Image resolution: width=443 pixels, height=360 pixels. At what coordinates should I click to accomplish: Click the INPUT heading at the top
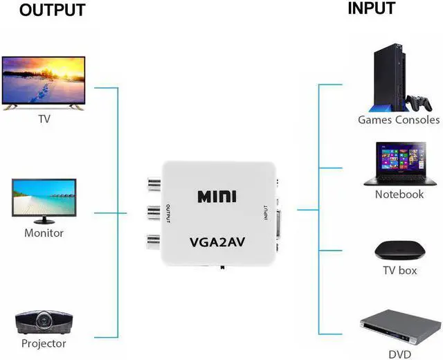(371, 8)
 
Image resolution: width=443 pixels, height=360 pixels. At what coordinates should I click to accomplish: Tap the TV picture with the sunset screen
(44, 82)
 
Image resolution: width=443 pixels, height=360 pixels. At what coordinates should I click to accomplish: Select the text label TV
(44, 119)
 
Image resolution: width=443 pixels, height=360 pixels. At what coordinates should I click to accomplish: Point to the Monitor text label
(44, 233)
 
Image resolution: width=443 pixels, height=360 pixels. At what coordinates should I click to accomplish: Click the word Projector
(44, 343)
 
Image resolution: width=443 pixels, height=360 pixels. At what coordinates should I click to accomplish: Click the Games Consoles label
(399, 120)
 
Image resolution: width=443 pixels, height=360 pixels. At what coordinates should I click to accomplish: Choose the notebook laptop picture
(398, 165)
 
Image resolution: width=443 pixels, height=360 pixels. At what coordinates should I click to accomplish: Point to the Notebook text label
(399, 195)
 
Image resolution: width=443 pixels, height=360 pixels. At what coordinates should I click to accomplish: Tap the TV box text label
(399, 271)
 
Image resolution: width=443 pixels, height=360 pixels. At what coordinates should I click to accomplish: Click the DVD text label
(400, 354)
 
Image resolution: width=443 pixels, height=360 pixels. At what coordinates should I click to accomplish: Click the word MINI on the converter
(217, 197)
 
